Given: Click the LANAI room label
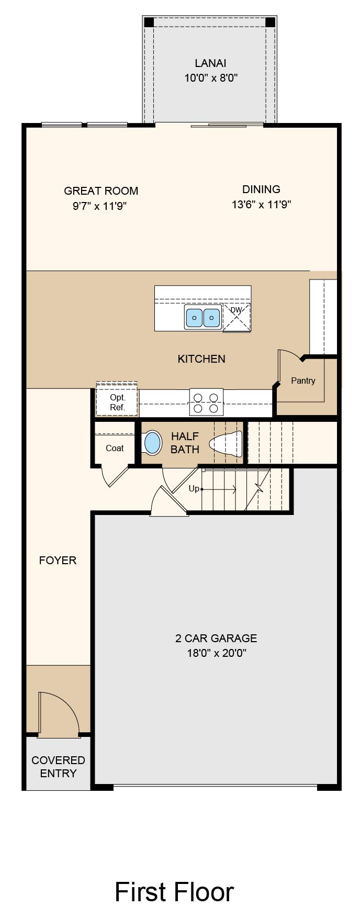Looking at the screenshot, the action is [210, 63].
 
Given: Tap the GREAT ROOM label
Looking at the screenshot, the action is [101, 191].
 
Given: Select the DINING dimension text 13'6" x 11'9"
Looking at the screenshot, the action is [261, 204].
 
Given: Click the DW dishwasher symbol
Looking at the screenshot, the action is [237, 317].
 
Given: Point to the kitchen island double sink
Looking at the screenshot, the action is [203, 318].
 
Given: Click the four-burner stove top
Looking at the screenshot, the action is [206, 402].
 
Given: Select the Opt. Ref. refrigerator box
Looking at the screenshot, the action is [117, 400].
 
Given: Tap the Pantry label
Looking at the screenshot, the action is [303, 380].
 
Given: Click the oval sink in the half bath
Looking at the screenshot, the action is [152, 443].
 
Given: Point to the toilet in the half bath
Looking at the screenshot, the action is [227, 443].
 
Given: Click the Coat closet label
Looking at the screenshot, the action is [115, 448].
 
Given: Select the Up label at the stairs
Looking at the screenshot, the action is [194, 489].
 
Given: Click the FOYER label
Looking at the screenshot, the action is [58, 561].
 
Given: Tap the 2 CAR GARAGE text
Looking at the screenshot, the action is [216, 639].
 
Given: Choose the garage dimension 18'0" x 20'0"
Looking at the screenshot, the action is [217, 653].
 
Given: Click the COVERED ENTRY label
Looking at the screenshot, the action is [58, 767].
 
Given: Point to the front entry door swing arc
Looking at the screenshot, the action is [67, 704].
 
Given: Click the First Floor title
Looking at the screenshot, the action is [174, 892].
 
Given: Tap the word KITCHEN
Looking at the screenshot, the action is [201, 359].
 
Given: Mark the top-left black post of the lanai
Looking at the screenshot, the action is [149, 23].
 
